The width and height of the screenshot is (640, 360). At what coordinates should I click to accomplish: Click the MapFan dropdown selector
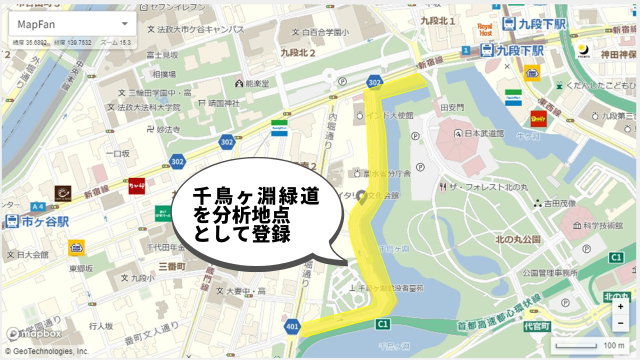coord(72,24)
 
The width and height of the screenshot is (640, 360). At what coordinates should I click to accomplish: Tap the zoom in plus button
coord(620,306)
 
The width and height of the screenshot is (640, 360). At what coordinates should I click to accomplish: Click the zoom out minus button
coord(620,323)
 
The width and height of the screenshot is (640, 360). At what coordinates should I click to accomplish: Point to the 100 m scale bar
coord(590,345)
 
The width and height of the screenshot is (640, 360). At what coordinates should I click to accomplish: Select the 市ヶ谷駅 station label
coord(38,221)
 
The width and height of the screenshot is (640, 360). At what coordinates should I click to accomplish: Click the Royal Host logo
coord(484,29)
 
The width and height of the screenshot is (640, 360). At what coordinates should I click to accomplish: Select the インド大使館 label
coord(385,115)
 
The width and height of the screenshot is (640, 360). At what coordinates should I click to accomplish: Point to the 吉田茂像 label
coord(554,203)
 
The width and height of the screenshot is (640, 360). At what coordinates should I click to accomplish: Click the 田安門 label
coord(452,107)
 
